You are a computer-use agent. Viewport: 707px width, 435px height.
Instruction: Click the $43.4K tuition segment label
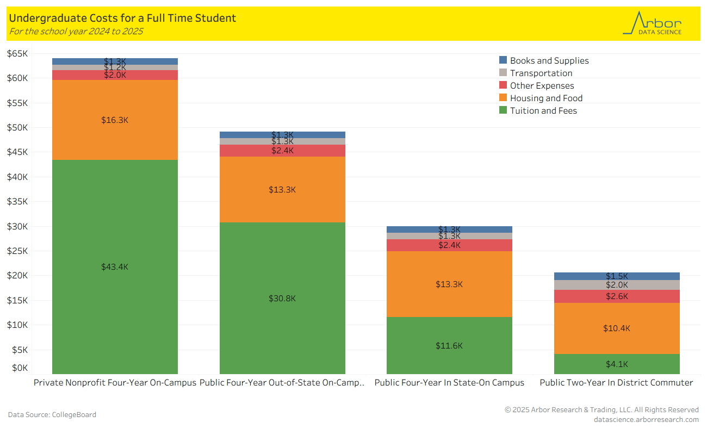[115, 267]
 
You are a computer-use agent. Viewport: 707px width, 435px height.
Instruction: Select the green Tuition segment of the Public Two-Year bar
[617, 364]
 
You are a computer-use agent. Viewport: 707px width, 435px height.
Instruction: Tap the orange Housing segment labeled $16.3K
[115, 120]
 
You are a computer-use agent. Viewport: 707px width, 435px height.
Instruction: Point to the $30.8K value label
[282, 299]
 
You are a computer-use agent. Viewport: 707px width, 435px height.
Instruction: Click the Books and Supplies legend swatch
[503, 60]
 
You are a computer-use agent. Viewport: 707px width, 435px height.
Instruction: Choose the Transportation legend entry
[541, 73]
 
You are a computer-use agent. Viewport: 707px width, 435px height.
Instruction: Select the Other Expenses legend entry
[542, 86]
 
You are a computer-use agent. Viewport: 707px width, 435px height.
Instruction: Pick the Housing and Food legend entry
[546, 98]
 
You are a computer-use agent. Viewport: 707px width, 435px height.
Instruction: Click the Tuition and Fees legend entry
[543, 111]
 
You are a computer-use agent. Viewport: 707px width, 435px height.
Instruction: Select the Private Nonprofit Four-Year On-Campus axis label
[115, 383]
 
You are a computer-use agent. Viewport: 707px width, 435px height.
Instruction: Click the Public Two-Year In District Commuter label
[616, 383]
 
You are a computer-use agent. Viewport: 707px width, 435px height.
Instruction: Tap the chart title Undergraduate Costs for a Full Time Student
[122, 18]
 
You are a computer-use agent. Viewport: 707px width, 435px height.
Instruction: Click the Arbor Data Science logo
[652, 24]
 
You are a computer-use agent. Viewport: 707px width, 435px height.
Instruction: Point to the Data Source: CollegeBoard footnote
[52, 415]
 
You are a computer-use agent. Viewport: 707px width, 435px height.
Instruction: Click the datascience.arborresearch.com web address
[646, 419]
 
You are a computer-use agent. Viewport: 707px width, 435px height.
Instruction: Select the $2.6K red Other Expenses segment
[617, 296]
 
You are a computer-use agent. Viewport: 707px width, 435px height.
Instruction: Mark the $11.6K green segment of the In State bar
[449, 346]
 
